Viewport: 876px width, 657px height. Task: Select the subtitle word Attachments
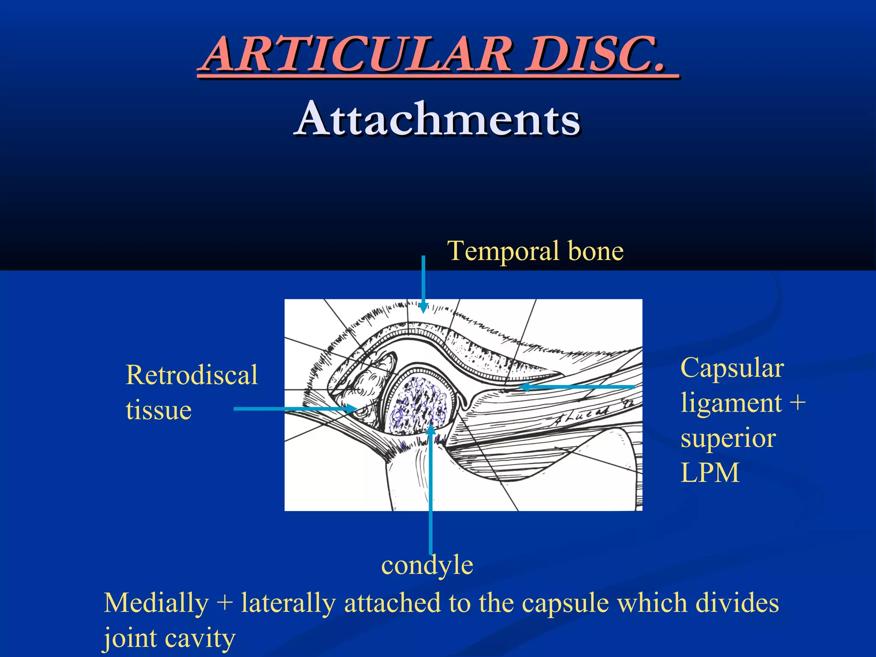(437, 119)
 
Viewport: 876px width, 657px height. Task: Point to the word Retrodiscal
(192, 375)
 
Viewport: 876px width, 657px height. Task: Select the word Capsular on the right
(732, 368)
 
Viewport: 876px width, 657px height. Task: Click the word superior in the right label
(728, 438)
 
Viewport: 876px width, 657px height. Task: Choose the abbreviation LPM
(710, 473)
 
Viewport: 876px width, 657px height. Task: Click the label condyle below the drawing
(427, 565)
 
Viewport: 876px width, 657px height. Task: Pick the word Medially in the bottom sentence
(156, 603)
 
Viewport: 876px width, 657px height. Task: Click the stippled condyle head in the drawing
(417, 404)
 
